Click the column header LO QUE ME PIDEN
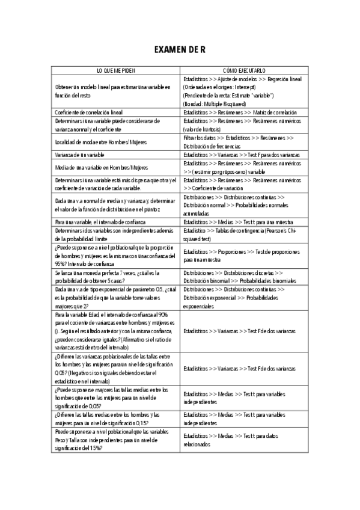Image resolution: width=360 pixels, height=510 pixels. pyautogui.click(x=117, y=70)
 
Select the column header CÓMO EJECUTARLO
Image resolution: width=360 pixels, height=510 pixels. pyautogui.click(x=245, y=70)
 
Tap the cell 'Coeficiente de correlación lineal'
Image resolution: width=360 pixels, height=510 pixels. pyautogui.click(x=88, y=112)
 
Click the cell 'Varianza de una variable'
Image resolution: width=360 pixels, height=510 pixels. pyautogui.click(x=80, y=155)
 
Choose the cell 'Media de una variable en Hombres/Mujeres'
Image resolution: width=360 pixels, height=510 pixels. pyautogui.click(x=101, y=167)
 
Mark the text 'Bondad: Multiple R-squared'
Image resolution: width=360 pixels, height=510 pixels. pyautogui.click(x=216, y=103)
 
